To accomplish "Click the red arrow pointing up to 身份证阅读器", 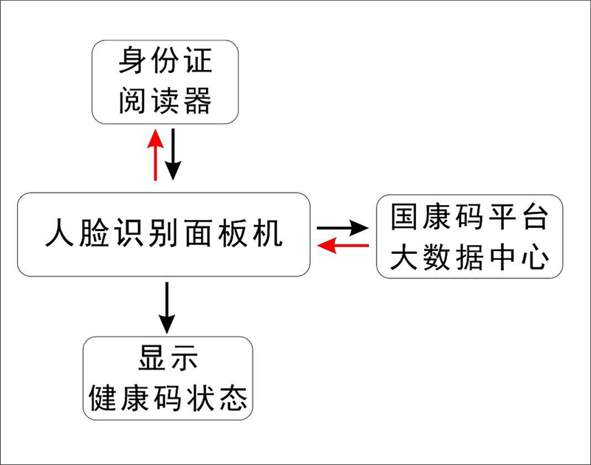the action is [155, 155].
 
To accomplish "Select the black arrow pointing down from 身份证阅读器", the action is [173, 154].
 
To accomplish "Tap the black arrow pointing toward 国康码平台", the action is [343, 228].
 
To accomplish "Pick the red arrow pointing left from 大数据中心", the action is [343, 246].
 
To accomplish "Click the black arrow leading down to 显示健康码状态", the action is [167, 308].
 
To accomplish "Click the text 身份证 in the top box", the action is [165, 61].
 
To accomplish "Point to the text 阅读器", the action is [165, 100].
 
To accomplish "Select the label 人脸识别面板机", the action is [163, 233].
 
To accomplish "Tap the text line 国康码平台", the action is [469, 216].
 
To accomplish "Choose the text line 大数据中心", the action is [469, 257].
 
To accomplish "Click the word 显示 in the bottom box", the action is [168, 358].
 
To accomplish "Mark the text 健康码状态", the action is [168, 399].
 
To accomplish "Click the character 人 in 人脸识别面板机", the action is [60, 233].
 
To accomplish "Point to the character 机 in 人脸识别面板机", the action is [268, 233].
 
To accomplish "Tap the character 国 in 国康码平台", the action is [404, 216].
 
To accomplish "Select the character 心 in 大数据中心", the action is [535, 257].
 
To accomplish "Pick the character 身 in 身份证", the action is [132, 61].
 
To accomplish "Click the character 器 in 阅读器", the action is [197, 100].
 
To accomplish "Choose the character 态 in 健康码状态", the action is [233, 399].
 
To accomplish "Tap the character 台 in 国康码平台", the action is [535, 216].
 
